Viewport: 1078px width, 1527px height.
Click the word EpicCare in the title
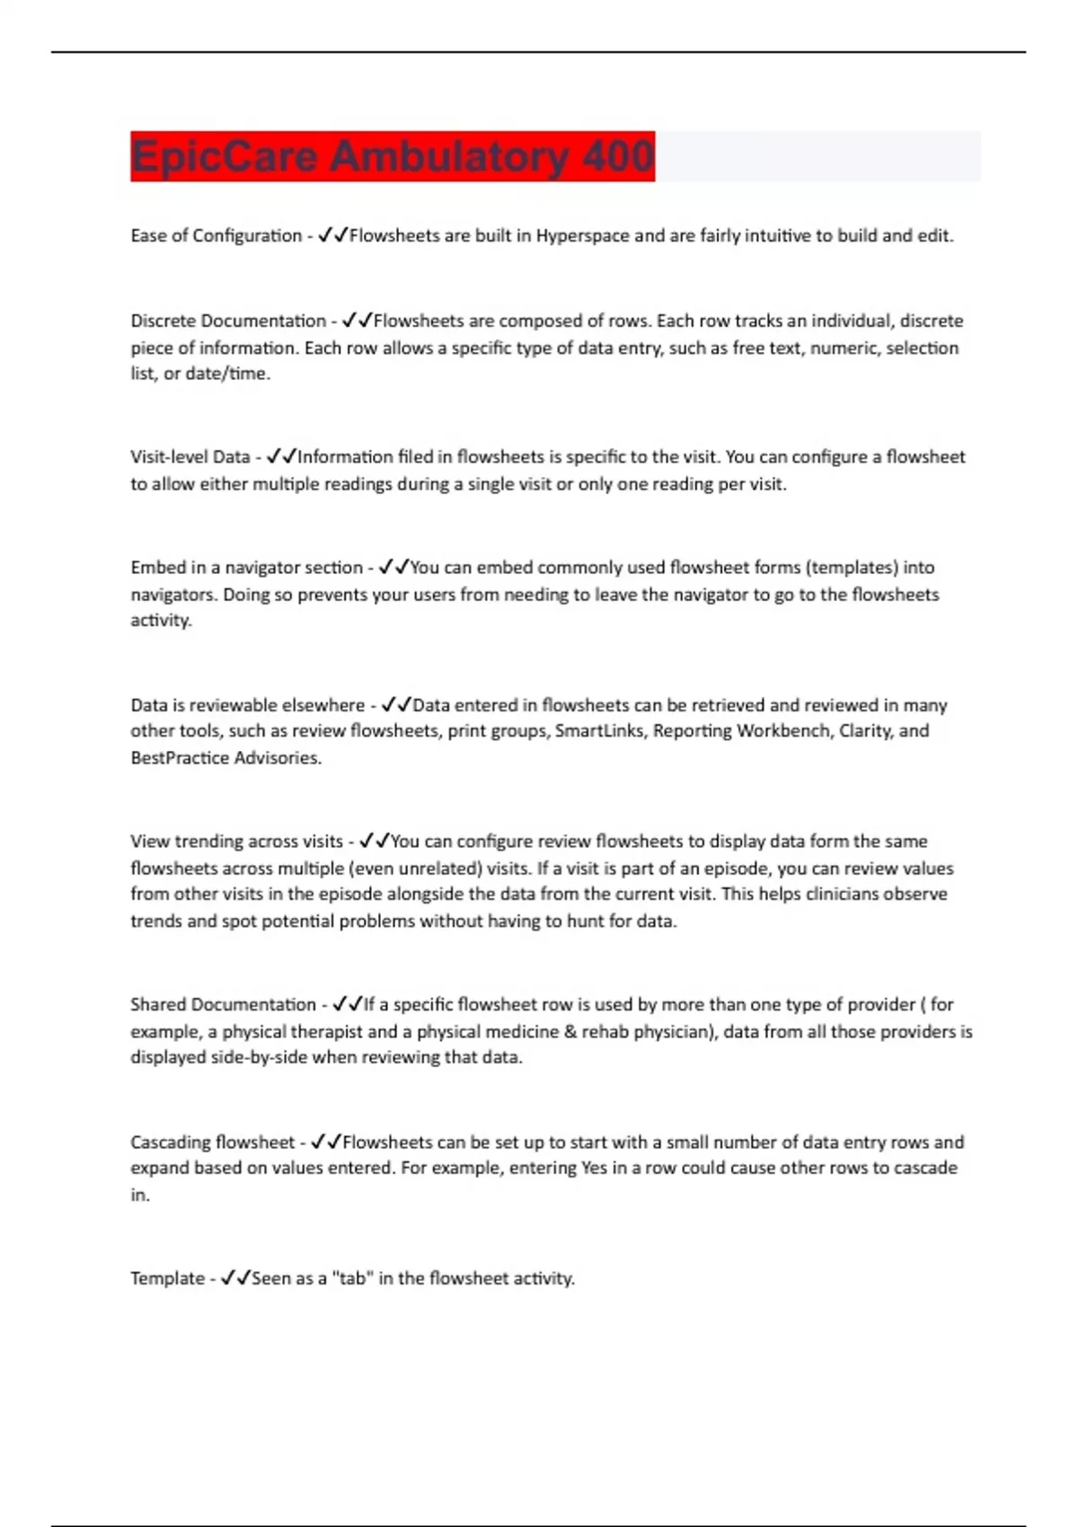tap(225, 156)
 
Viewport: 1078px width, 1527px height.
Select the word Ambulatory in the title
tap(449, 156)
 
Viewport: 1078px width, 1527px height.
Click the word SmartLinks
tap(599, 731)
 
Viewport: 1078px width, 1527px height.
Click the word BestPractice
tap(179, 758)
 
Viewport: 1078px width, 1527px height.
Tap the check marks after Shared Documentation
tap(347, 1004)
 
